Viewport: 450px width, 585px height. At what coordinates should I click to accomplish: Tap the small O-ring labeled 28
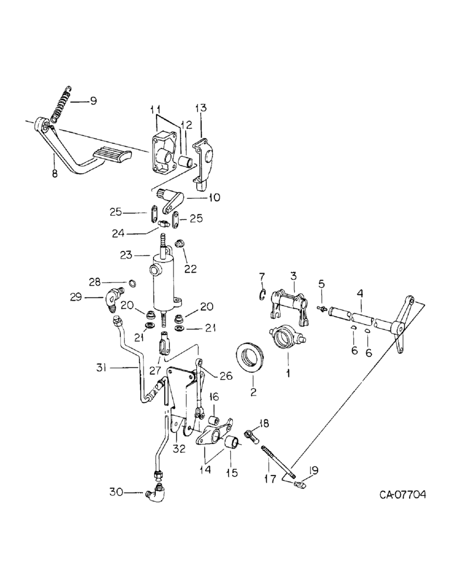click(x=133, y=285)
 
